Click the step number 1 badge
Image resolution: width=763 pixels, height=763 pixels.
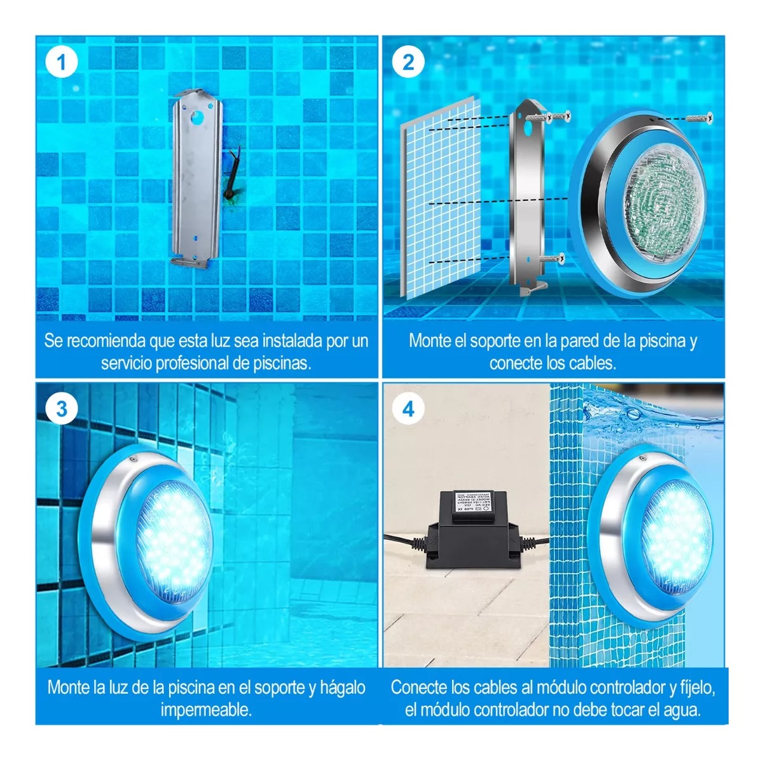(62, 62)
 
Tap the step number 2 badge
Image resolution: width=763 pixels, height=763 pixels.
(408, 62)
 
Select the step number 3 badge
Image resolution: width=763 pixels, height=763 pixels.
(62, 409)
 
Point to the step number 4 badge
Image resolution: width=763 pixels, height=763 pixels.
(408, 409)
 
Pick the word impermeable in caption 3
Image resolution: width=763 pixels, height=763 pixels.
(206, 710)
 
